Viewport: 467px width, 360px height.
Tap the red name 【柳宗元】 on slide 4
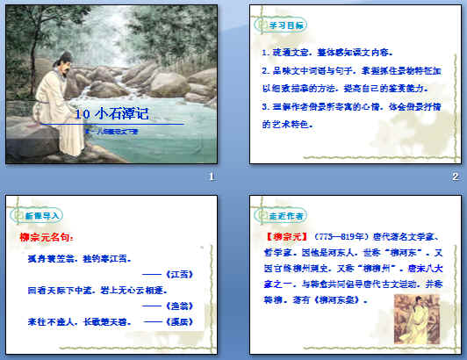coord(281,237)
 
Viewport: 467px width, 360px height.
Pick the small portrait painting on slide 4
coord(413,316)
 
